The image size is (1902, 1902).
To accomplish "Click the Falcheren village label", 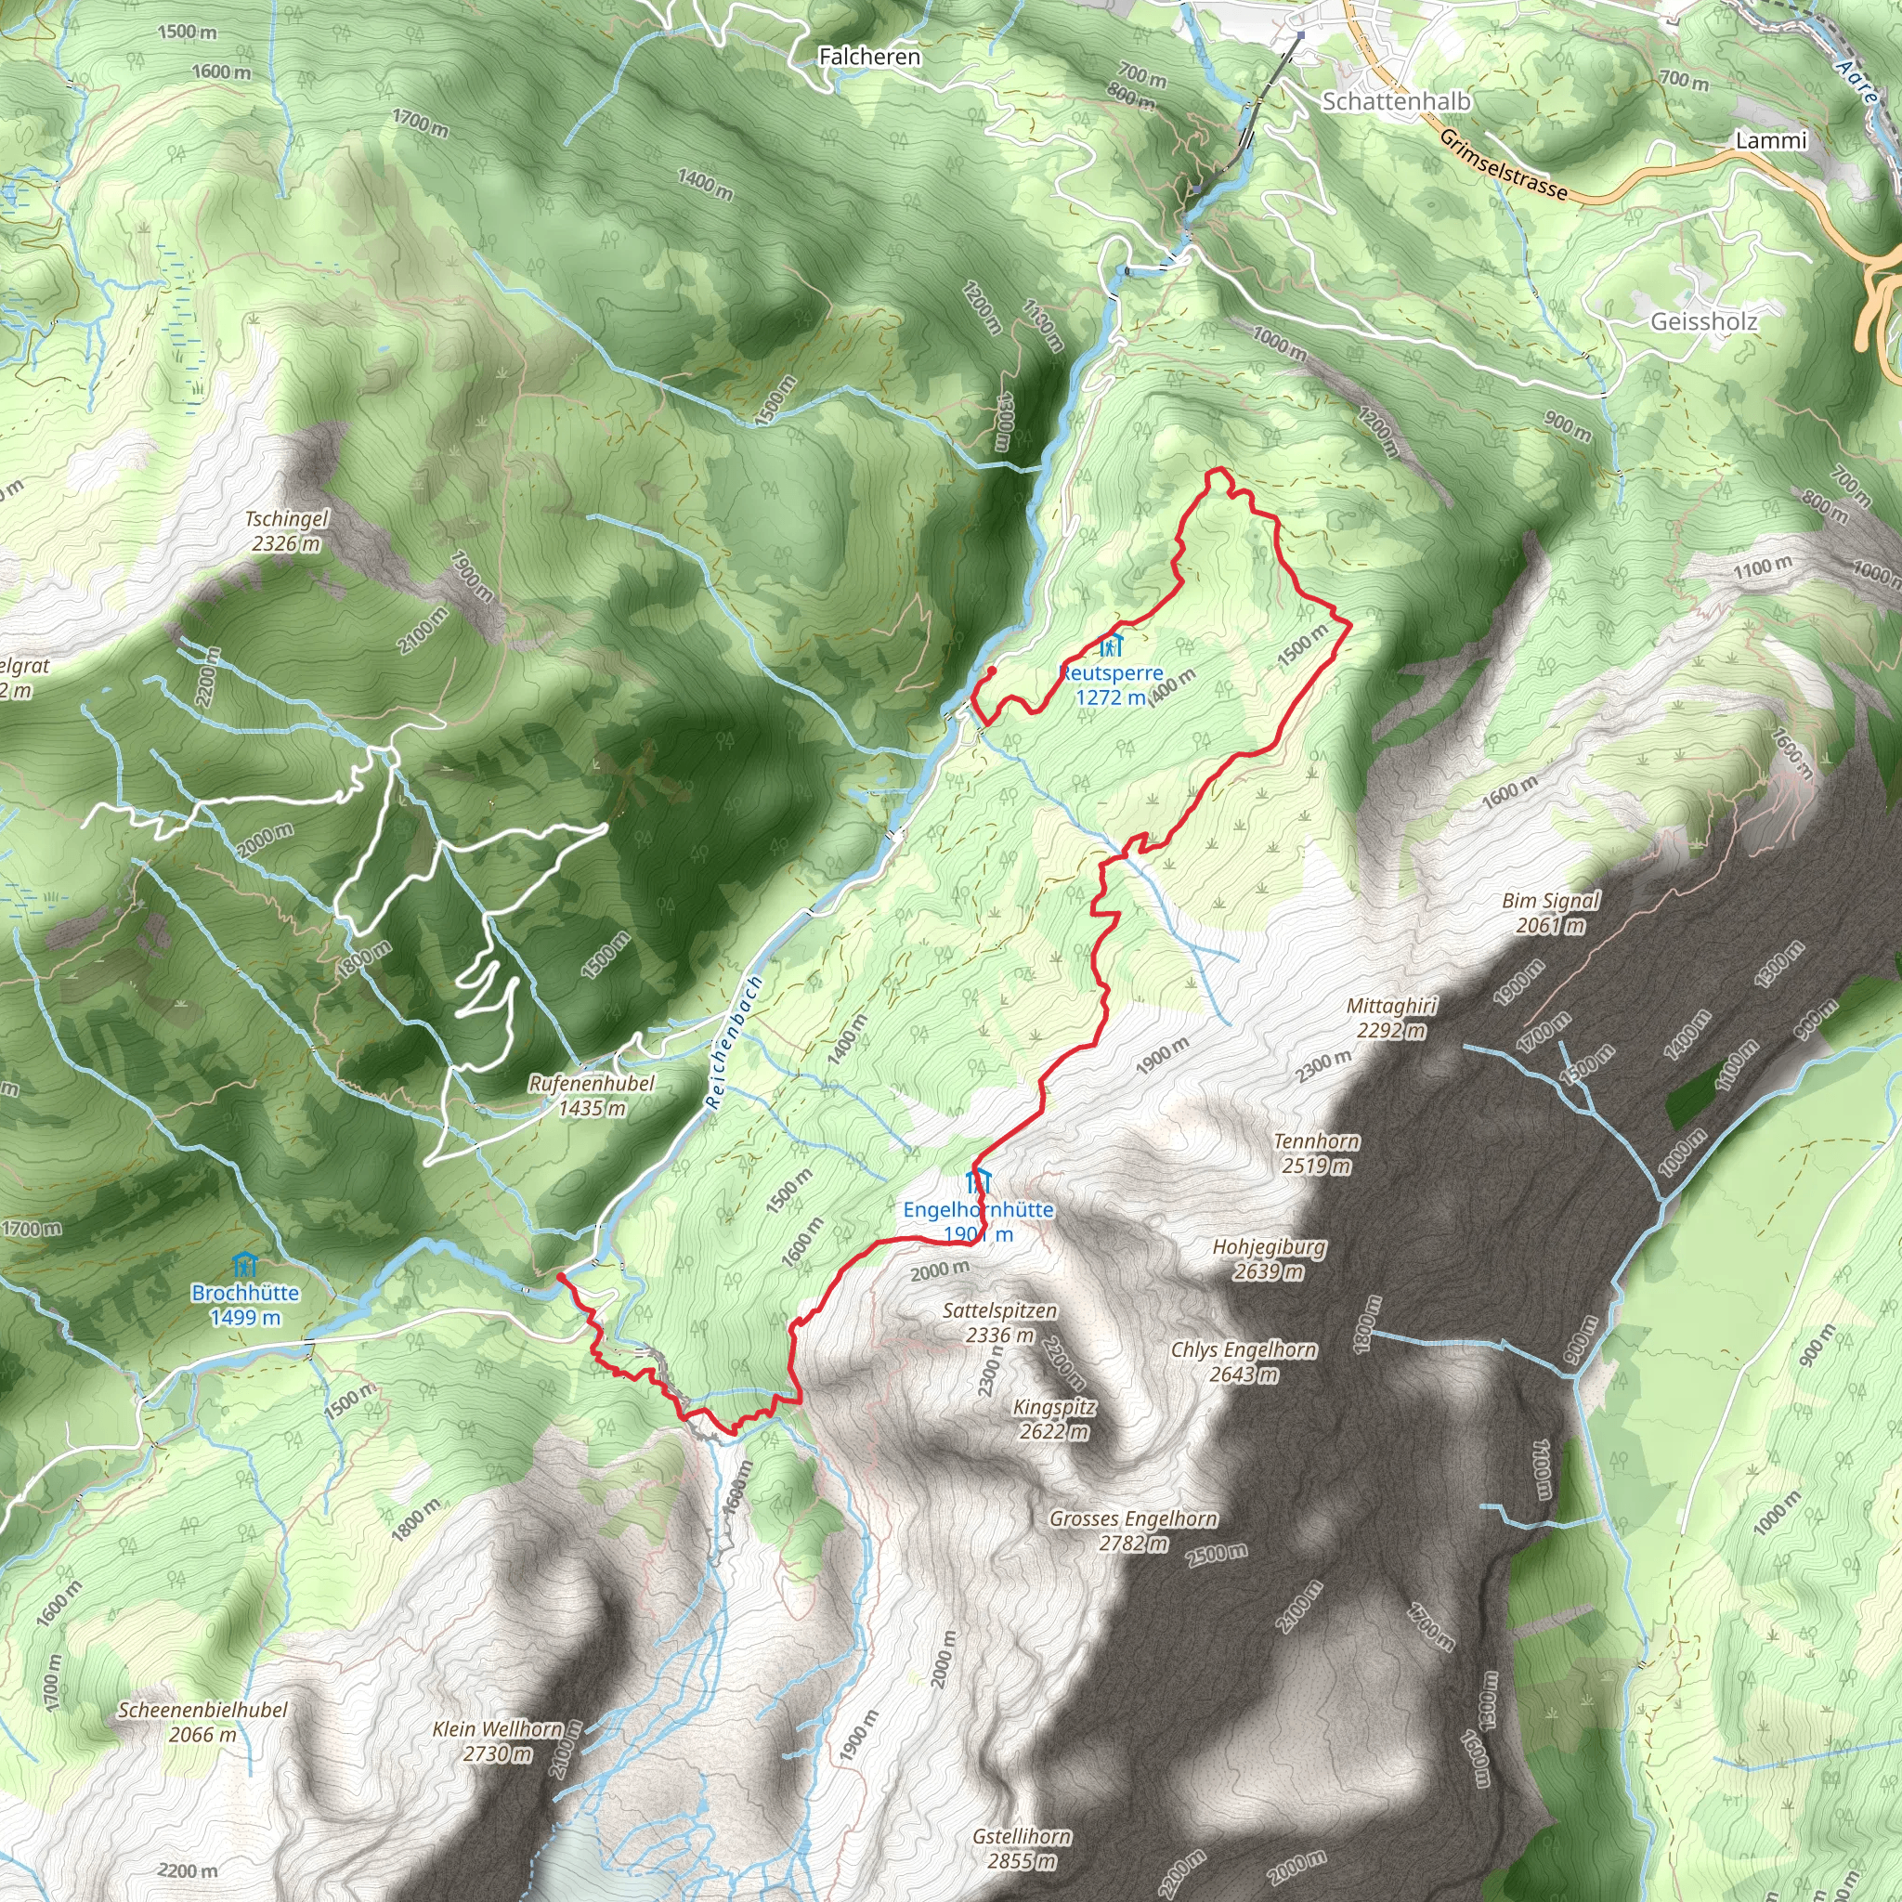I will click(x=869, y=57).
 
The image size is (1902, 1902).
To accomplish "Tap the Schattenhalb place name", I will click(x=1395, y=101).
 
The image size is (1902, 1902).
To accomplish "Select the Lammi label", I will click(x=1771, y=141).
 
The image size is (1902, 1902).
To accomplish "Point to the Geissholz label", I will click(x=1703, y=321).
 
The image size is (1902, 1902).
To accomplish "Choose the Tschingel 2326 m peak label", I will click(x=286, y=530).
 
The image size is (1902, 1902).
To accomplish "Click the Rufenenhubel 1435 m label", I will click(x=592, y=1095).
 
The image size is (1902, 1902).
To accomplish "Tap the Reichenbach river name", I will click(x=734, y=1043).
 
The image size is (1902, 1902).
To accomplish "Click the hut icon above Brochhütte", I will click(x=244, y=1265).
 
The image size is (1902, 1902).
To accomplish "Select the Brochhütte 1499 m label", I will click(x=245, y=1305).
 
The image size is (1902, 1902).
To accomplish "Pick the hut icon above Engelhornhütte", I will click(x=978, y=1180).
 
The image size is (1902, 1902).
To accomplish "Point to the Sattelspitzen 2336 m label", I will click(x=999, y=1322).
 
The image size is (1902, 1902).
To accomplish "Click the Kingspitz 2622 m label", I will click(x=1054, y=1419).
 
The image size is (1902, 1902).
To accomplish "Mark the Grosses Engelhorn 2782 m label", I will click(x=1133, y=1530).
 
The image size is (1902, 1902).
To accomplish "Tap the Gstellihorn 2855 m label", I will click(x=1022, y=1848).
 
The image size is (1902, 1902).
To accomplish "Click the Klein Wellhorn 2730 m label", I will click(x=498, y=1740).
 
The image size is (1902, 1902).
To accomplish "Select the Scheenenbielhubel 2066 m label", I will click(x=202, y=1722).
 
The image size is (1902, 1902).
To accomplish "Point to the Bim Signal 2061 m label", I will click(x=1551, y=912).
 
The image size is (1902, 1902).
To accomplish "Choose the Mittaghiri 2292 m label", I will click(x=1391, y=1018).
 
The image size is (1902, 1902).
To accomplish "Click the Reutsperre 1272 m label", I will click(x=1111, y=684).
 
